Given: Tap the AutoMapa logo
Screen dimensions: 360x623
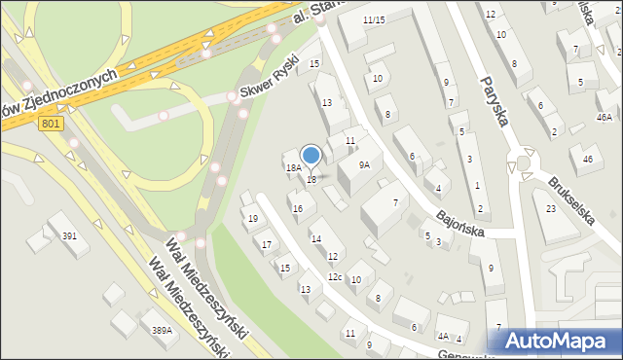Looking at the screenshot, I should [x=562, y=341].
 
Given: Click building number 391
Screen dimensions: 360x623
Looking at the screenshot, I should [x=69, y=236].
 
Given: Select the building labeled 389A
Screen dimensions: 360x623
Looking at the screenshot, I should [x=162, y=331].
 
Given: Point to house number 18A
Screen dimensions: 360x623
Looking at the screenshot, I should [x=292, y=168].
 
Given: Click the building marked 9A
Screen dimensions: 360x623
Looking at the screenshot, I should [x=364, y=165].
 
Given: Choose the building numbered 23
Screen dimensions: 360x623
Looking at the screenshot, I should [x=550, y=209].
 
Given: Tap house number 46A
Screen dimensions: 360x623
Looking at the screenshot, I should [x=605, y=116].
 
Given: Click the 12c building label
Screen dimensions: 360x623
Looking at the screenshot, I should [x=334, y=278].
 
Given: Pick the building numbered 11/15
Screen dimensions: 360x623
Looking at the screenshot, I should [x=374, y=20].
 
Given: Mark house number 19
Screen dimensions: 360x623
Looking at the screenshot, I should [x=253, y=219].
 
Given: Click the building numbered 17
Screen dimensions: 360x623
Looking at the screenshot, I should [x=268, y=244].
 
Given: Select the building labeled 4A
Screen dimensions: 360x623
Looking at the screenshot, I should [x=443, y=337].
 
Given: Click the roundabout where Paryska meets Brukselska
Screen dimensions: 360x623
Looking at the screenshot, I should [x=524, y=161].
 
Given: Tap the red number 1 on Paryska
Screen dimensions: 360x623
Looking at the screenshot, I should [x=477, y=185].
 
